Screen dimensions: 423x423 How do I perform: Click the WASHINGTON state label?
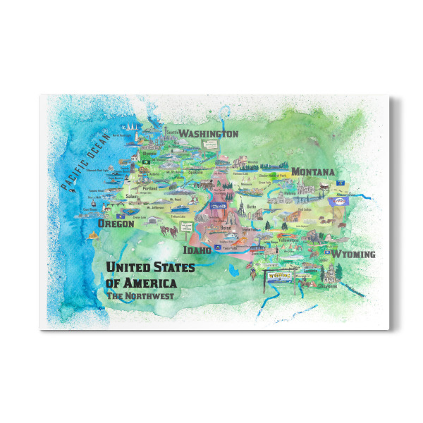click(207, 134)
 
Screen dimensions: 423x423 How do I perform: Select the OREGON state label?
click(116, 223)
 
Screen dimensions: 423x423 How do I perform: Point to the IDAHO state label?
click(197, 250)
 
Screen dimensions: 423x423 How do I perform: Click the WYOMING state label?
click(353, 254)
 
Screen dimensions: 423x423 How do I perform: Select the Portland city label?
click(150, 188)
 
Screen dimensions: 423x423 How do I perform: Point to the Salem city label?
click(131, 197)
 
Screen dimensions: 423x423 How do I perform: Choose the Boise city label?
click(225, 228)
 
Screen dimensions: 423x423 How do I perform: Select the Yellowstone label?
click(290, 240)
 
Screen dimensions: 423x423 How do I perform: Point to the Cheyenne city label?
click(326, 286)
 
